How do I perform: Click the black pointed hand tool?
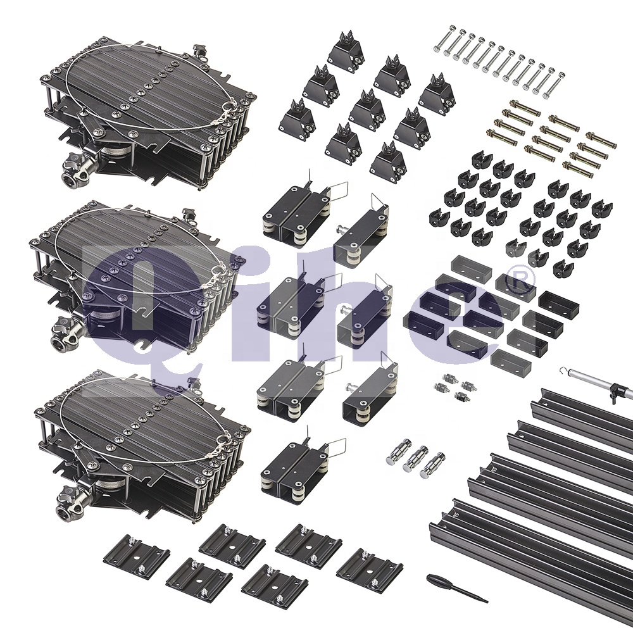point(456,588)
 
